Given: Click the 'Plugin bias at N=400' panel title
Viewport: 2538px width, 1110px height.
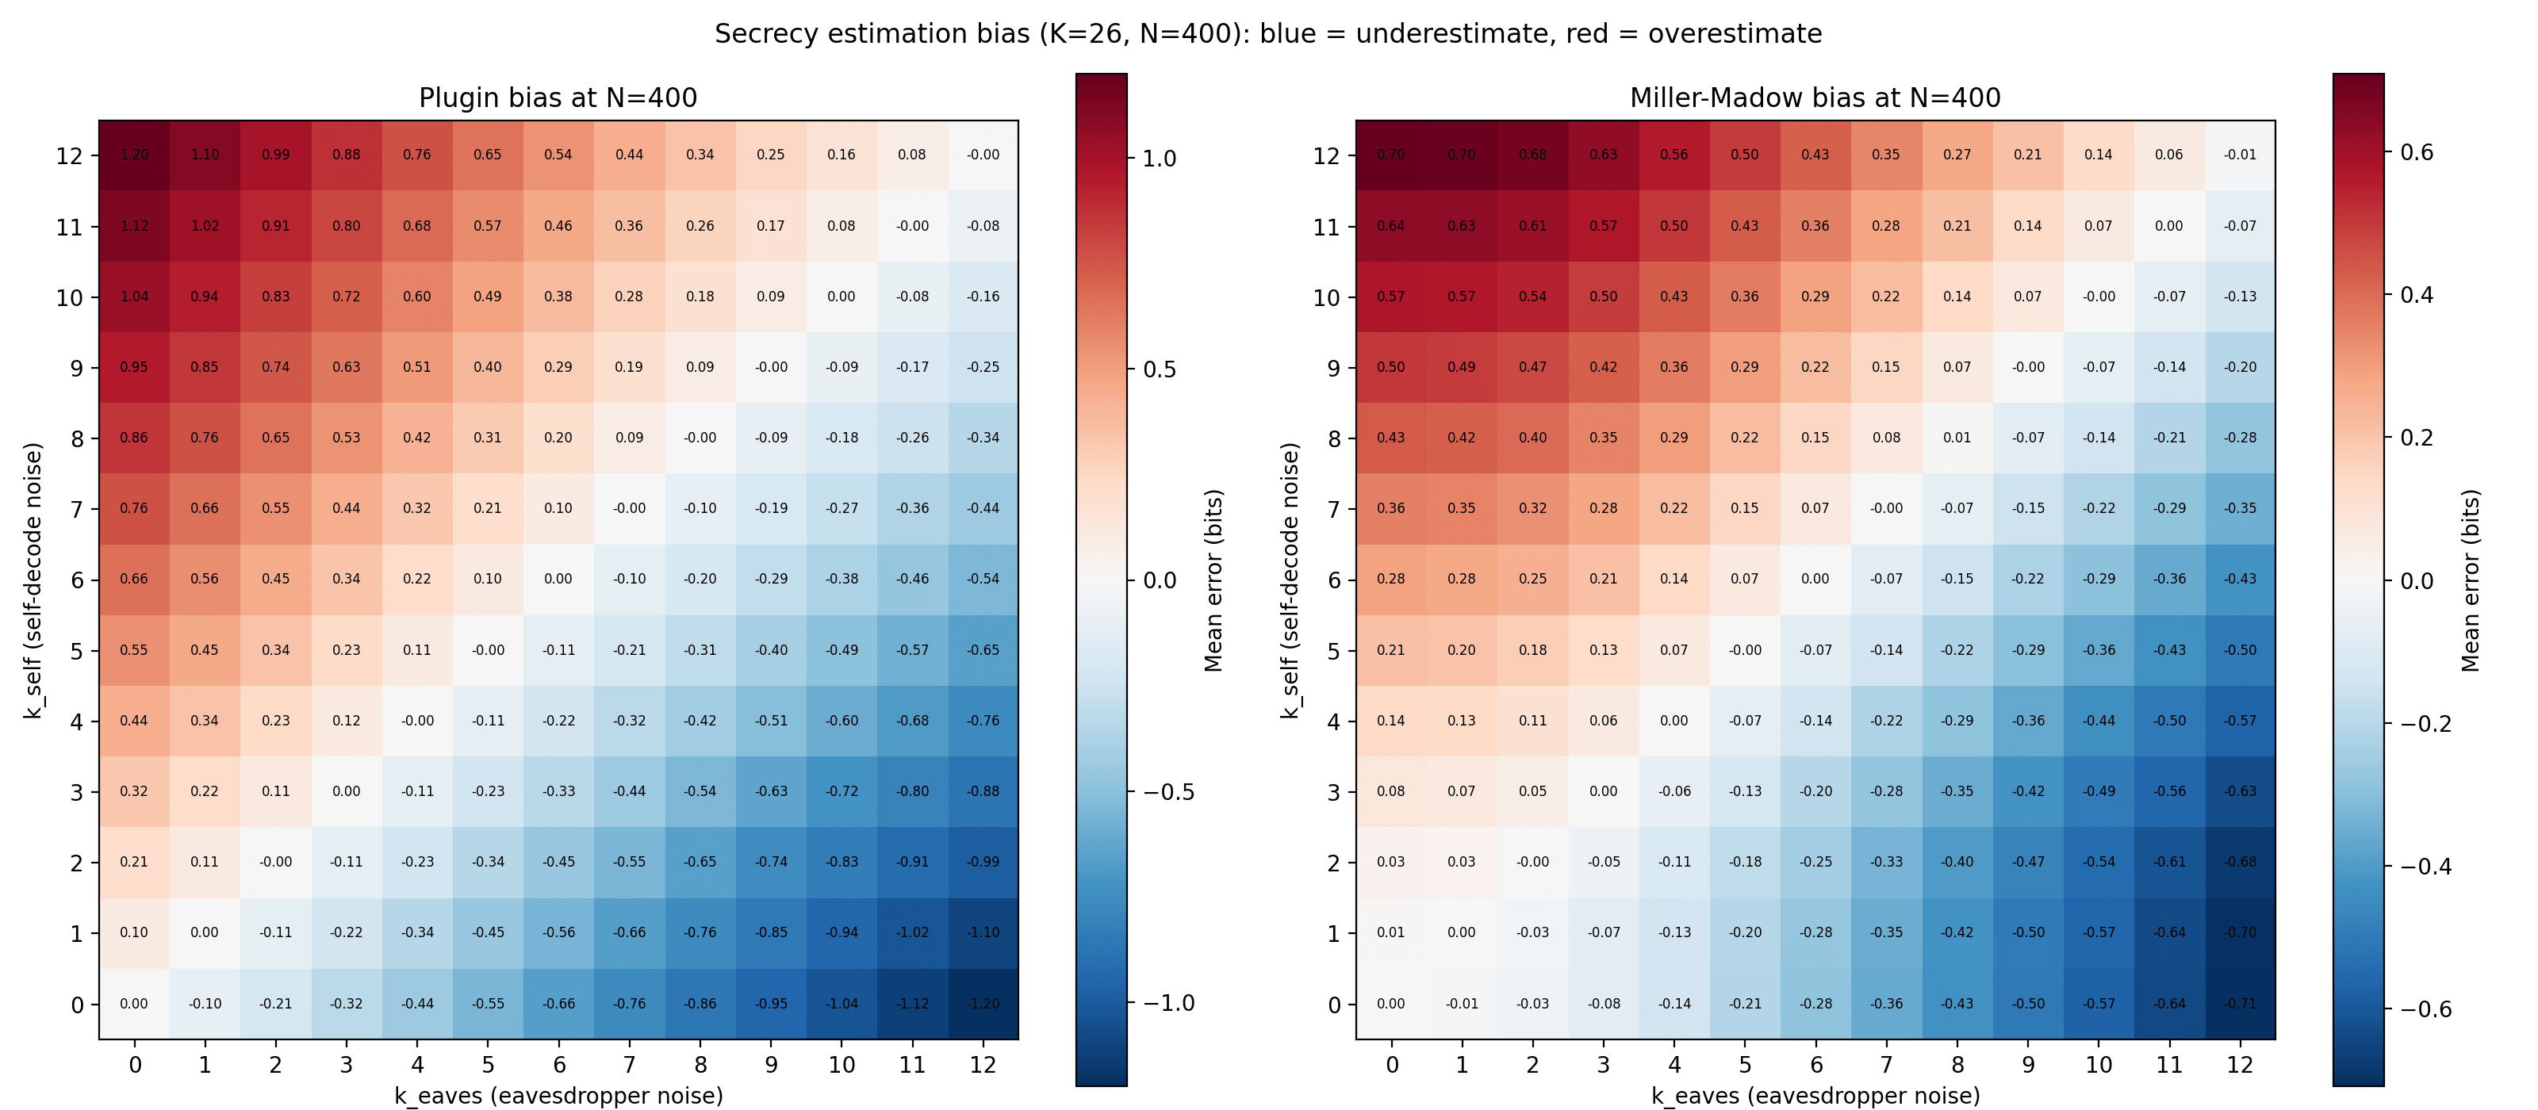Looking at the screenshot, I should coord(558,98).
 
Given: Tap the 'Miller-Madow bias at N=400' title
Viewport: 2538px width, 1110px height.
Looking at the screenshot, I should coord(1815,98).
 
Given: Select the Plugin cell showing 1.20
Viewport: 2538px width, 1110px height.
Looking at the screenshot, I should coord(134,155).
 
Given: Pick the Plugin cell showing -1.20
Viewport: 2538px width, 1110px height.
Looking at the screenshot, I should coord(983,1004).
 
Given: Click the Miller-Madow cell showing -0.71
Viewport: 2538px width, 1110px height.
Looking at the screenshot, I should coord(2240,1004).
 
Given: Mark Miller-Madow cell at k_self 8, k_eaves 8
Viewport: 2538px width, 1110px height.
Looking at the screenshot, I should coord(1957,438).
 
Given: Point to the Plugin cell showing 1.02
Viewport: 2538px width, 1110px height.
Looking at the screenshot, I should coord(205,225).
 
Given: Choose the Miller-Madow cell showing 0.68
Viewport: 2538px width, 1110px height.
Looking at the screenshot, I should coord(1532,155).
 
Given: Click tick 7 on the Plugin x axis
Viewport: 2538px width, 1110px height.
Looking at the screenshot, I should coord(630,1065).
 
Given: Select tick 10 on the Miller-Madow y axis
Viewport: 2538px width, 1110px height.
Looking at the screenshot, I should coord(1326,297).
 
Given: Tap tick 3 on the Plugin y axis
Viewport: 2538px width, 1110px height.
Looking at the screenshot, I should coord(77,792).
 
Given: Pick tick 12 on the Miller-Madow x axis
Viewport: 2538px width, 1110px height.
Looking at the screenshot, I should coord(2240,1065).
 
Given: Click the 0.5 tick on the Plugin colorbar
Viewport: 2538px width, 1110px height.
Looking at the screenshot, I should coord(1160,369).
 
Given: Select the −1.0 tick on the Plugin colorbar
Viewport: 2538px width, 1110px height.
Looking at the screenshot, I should coord(1168,1003).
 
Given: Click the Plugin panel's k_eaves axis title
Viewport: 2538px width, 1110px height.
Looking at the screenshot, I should coord(558,1095).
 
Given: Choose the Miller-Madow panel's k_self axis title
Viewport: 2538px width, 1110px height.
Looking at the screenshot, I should coord(1290,580).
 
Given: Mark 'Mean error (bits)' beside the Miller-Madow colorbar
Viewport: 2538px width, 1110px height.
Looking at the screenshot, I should coord(2470,580).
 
